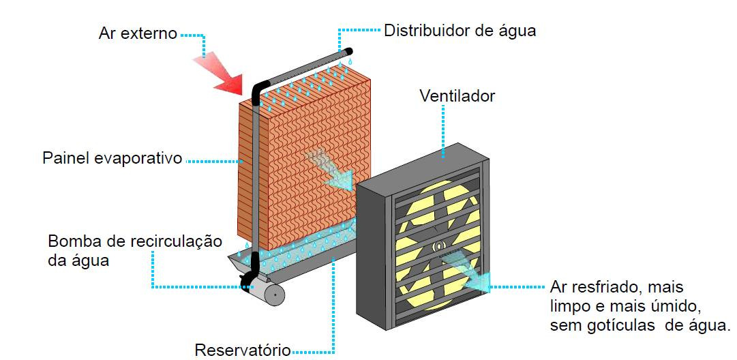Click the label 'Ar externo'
[x=137, y=33]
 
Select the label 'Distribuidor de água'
[x=460, y=31]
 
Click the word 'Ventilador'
[x=456, y=96]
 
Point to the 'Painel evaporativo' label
[x=112, y=159]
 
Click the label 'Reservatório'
[x=242, y=350]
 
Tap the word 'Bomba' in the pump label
[x=71, y=241]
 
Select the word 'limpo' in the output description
[x=570, y=305]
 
